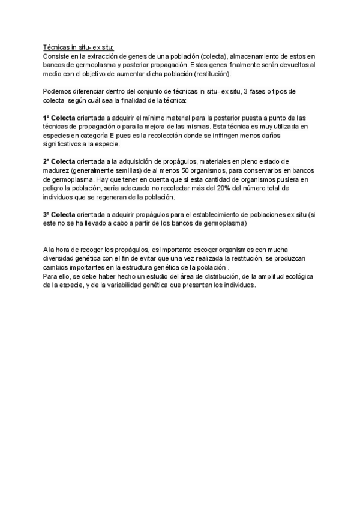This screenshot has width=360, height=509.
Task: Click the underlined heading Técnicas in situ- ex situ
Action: pyautogui.click(x=78, y=47)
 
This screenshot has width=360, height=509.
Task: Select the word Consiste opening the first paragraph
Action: pyautogui.click(x=56, y=56)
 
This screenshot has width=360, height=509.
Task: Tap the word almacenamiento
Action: pyautogui.click(x=255, y=56)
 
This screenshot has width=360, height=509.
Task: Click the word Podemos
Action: pyautogui.click(x=58, y=91)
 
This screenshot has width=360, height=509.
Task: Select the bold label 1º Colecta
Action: pyautogui.click(x=59, y=118)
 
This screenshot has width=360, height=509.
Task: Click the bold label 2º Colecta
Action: pyautogui.click(x=59, y=161)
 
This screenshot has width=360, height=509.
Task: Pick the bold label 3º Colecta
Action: pyautogui.click(x=59, y=214)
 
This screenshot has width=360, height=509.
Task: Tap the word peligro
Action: pyautogui.click(x=56, y=188)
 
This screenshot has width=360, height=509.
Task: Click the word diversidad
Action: pyautogui.click(x=61, y=258)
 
